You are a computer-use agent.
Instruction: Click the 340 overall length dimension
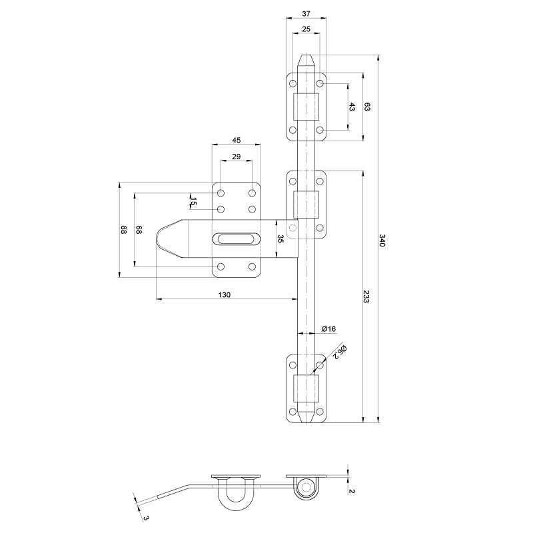(x=382, y=241)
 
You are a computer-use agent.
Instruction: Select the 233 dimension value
(x=366, y=297)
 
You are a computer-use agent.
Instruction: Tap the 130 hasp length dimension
(x=225, y=295)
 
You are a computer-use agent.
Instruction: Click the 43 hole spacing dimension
(x=352, y=107)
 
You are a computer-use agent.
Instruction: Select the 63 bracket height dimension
(x=367, y=107)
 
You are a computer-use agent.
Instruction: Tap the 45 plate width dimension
(x=237, y=140)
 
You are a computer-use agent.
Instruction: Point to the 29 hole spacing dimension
(x=237, y=156)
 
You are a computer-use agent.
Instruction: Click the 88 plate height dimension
(x=123, y=230)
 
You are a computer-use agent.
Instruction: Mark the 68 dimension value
(x=139, y=230)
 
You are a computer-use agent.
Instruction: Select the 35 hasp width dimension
(x=280, y=239)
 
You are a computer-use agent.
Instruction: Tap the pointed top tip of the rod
(x=306, y=58)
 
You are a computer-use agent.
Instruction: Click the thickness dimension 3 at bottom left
(x=145, y=516)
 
